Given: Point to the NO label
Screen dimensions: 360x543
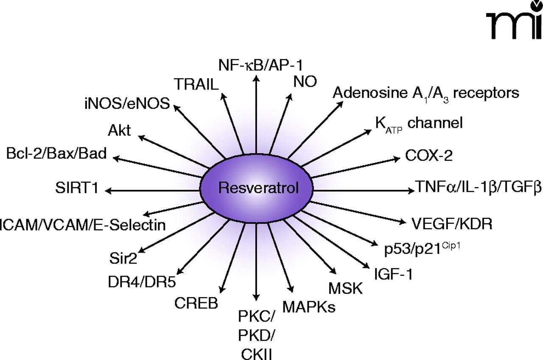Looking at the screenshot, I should [x=305, y=82].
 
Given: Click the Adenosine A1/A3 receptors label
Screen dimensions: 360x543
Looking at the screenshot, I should [x=425, y=93].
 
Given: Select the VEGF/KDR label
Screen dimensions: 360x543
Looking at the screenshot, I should [x=452, y=223].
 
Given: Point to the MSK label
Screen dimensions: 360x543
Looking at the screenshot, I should [x=346, y=289].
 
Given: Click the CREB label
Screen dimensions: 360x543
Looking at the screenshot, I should [x=196, y=303].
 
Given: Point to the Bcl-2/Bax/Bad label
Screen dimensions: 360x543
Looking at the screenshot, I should [x=56, y=153].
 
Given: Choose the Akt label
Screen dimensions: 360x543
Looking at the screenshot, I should [x=119, y=130].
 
